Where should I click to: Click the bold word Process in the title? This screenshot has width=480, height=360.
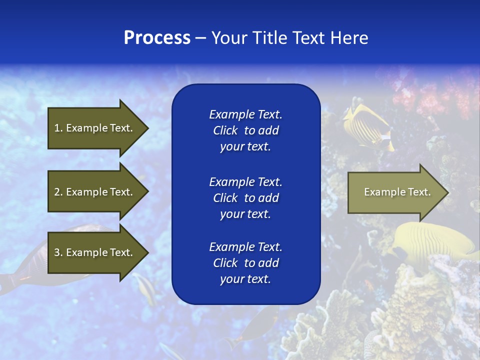pyautogui.click(x=157, y=38)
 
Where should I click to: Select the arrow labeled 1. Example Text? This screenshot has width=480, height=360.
pyautogui.click(x=97, y=128)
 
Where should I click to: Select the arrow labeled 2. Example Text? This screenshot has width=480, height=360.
pyautogui.click(x=97, y=192)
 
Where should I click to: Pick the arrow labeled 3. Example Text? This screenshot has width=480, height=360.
pyautogui.click(x=97, y=252)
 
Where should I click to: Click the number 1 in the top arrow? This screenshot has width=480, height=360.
pyautogui.click(x=57, y=128)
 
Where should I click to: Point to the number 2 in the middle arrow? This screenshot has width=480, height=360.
pyautogui.click(x=57, y=192)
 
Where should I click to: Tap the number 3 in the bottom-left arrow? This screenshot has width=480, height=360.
pyautogui.click(x=57, y=252)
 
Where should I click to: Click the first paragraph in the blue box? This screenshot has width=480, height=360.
pyautogui.click(x=245, y=130)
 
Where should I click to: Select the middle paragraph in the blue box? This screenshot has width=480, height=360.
pyautogui.click(x=245, y=198)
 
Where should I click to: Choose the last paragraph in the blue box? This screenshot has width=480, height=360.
pyautogui.click(x=245, y=263)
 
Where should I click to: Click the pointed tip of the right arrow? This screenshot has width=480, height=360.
pyautogui.click(x=447, y=192)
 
